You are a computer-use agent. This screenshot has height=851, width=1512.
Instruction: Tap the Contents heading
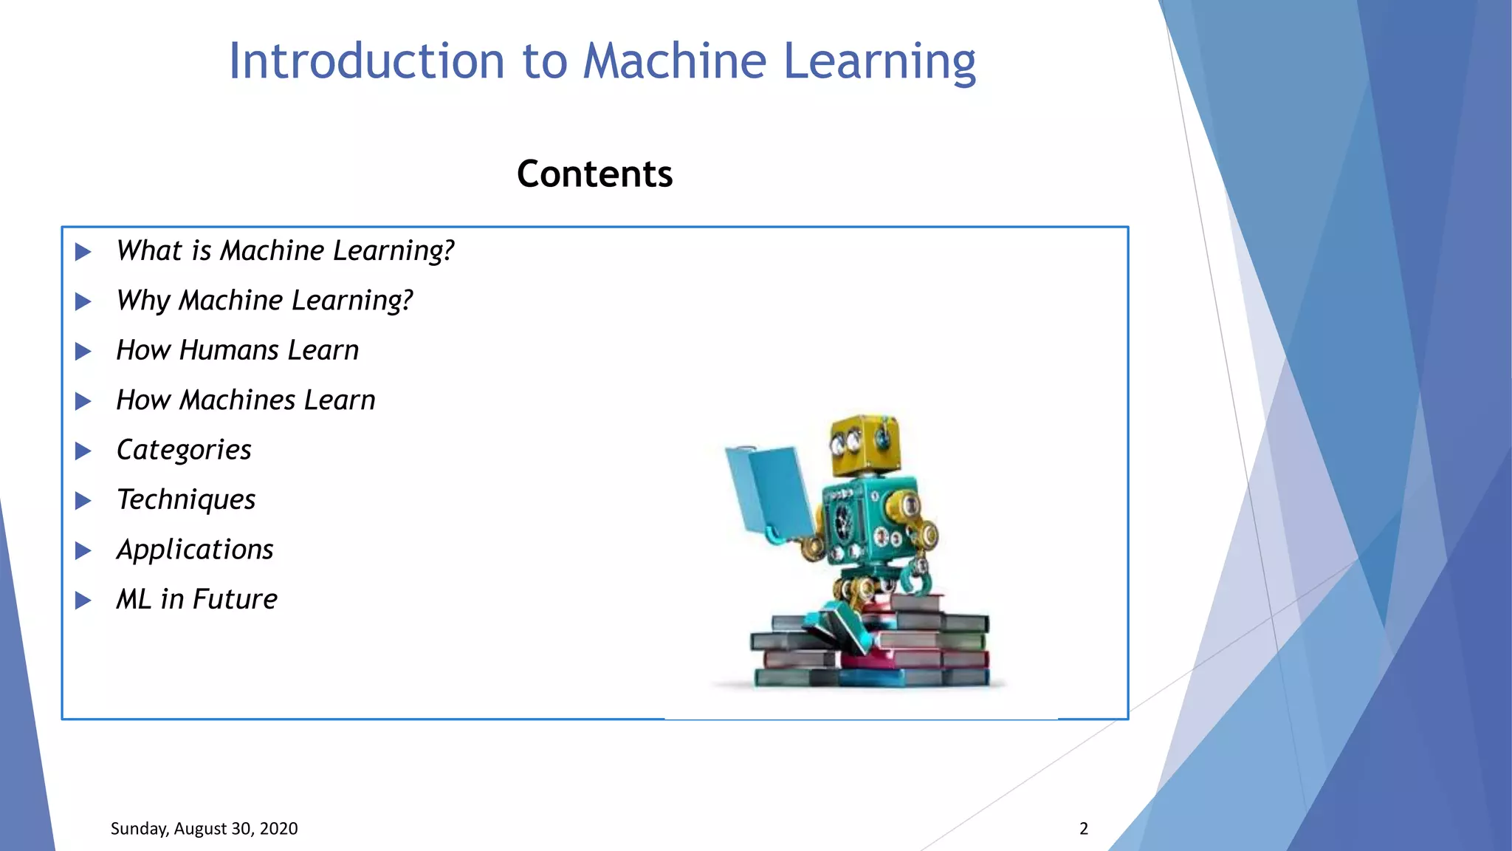click(594, 174)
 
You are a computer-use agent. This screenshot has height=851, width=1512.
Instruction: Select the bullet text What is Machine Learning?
click(285, 251)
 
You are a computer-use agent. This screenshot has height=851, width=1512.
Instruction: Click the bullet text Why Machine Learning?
click(264, 301)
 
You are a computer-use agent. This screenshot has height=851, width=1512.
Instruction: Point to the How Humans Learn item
click(237, 350)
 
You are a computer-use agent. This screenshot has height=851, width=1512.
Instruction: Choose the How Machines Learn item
click(246, 400)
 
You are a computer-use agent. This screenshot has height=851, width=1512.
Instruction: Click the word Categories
click(184, 450)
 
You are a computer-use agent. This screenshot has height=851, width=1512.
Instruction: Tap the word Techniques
click(186, 500)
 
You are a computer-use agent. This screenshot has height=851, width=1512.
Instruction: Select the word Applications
click(195, 550)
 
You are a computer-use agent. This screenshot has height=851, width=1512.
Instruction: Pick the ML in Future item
click(196, 599)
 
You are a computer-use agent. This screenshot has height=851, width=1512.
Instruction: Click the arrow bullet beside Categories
click(83, 451)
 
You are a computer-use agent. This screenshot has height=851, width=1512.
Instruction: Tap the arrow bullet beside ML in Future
click(83, 601)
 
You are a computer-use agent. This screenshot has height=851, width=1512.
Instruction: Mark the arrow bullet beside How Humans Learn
click(83, 352)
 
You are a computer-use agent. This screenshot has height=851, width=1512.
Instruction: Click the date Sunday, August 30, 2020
click(204, 829)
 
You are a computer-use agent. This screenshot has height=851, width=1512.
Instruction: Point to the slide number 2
click(1083, 829)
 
